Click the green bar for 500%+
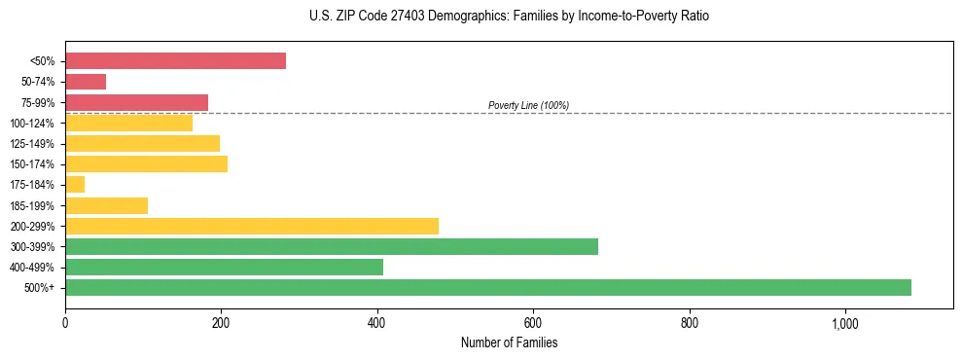pyautogui.click(x=487, y=287)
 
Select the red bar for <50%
pyautogui.click(x=175, y=61)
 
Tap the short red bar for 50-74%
pyautogui.click(x=86, y=82)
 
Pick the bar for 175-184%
pyautogui.click(x=75, y=184)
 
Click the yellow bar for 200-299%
pyautogui.click(x=252, y=226)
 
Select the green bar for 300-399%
pyautogui.click(x=332, y=246)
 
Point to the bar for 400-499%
pyautogui.click(x=224, y=267)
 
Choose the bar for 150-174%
pyautogui.click(x=146, y=163)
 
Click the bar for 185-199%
pyautogui.click(x=106, y=205)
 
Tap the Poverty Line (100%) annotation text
pyautogui.click(x=528, y=105)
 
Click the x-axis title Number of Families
pyautogui.click(x=509, y=342)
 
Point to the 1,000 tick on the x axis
pyautogui.click(x=844, y=323)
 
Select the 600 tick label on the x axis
pyautogui.click(x=533, y=323)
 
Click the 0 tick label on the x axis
pyautogui.click(x=65, y=323)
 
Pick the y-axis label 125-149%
pyautogui.click(x=33, y=144)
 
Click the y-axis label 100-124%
pyautogui.click(x=33, y=124)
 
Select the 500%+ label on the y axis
pyautogui.click(x=40, y=288)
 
